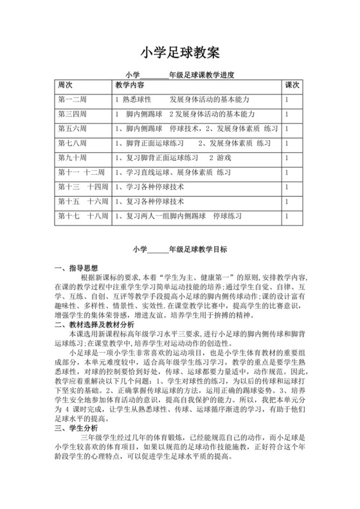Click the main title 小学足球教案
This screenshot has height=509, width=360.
180,51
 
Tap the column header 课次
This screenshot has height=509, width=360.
292,85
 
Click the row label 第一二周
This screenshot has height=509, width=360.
71,100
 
